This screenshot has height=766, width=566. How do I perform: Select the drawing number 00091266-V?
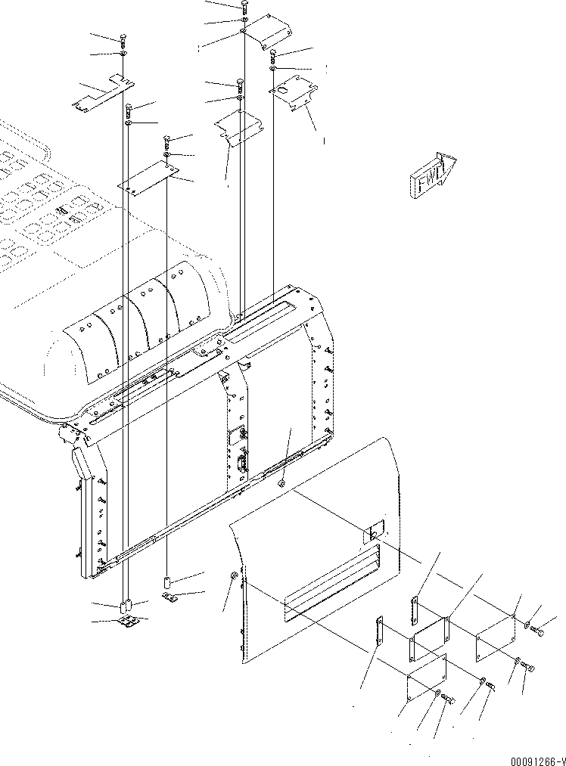pyautogui.click(x=527, y=757)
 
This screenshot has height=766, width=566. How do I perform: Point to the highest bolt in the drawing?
pyautogui.click(x=244, y=7)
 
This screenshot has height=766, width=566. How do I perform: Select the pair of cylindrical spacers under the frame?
pyautogui.click(x=126, y=605)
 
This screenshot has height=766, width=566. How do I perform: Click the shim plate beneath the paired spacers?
pyautogui.click(x=130, y=622)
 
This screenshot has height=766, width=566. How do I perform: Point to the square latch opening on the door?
pyautogui.click(x=376, y=532)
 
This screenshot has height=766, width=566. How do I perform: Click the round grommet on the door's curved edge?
pyautogui.click(x=233, y=578)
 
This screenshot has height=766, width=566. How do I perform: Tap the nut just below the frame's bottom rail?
pyautogui.click(x=281, y=482)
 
